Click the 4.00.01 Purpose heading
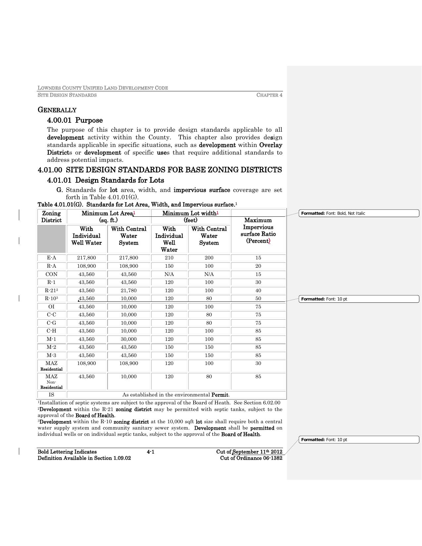(x=75, y=120)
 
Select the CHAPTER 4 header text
(x=269, y=95)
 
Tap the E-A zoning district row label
(x=51, y=258)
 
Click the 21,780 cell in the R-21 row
(x=128, y=291)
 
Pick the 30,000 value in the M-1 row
(x=128, y=339)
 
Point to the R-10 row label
(x=51, y=298)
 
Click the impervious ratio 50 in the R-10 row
(x=258, y=298)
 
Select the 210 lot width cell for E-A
(x=169, y=258)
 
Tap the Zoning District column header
(x=51, y=217)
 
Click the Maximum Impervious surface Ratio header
(x=258, y=230)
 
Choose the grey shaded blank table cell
(x=51, y=239)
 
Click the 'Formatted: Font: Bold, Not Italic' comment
(x=359, y=213)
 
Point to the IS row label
(x=51, y=395)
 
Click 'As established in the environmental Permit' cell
(x=176, y=395)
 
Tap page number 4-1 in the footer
(x=151, y=452)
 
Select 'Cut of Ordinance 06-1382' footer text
(x=251, y=458)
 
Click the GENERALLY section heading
(x=57, y=110)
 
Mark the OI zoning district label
(x=51, y=307)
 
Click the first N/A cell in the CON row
(x=169, y=274)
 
